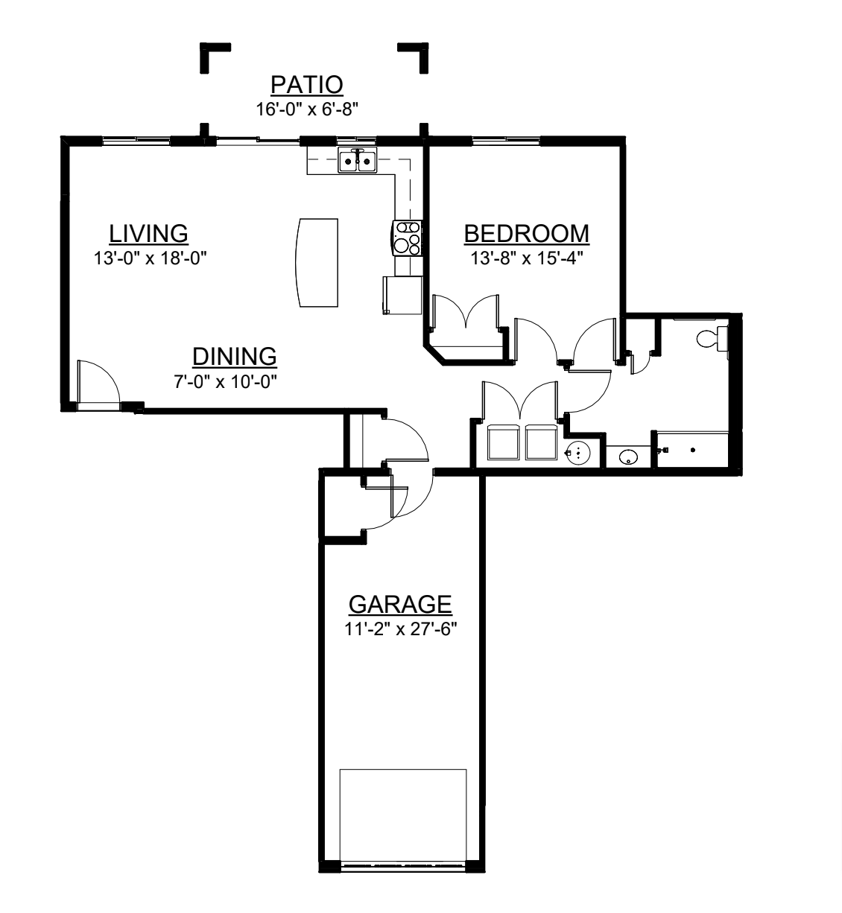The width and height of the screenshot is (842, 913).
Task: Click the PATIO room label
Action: (306, 85)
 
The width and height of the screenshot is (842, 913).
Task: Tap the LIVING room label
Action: (148, 234)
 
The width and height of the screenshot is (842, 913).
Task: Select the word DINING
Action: (235, 357)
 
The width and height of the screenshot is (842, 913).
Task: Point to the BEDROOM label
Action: (526, 234)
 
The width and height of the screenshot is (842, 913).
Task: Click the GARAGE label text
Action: (400, 604)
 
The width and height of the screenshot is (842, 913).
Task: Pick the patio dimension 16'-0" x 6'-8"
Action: (307, 109)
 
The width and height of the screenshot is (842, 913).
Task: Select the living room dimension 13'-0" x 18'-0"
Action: (150, 258)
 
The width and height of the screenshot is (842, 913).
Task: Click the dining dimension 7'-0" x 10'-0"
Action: (226, 381)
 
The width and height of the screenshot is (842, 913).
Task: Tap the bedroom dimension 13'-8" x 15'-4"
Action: (526, 258)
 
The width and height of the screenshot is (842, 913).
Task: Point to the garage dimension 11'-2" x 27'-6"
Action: (400, 629)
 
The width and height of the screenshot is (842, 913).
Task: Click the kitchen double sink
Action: (358, 160)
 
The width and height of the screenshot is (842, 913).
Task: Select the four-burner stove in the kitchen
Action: (407, 238)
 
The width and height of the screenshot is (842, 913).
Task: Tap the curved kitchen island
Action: (317, 262)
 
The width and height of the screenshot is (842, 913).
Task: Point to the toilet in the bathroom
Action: (712, 340)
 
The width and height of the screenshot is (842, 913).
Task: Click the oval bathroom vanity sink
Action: (628, 457)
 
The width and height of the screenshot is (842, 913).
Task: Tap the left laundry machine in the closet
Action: (504, 442)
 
